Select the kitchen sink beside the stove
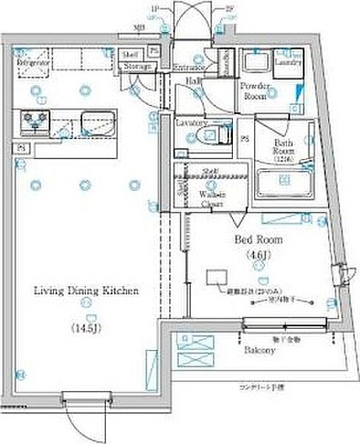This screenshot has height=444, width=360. (98, 121)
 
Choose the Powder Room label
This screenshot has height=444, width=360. (255, 90)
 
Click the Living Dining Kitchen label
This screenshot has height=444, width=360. (86, 292)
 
